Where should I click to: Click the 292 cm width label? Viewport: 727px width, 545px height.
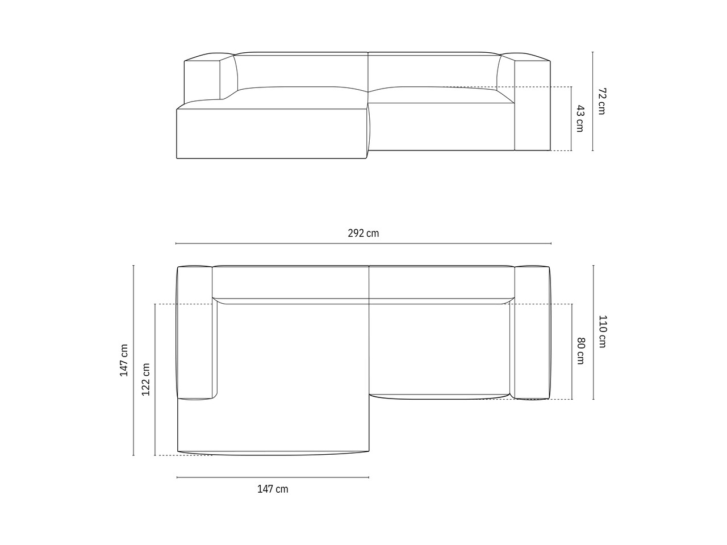coord(363,233)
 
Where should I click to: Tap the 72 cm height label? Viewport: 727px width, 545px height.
coord(602,101)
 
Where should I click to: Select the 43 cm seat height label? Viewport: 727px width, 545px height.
coord(580,119)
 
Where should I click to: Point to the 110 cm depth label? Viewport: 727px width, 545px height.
coord(602,332)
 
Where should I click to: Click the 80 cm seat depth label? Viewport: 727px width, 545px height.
coord(580,351)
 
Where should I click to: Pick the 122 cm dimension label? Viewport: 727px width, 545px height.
coord(146,379)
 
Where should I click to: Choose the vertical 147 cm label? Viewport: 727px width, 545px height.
coord(124,360)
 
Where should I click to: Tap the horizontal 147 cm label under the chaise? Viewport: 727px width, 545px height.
coord(273,489)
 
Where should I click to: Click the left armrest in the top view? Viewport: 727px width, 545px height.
coord(195,333)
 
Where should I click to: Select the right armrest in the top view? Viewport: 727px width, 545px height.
coord(532,333)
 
